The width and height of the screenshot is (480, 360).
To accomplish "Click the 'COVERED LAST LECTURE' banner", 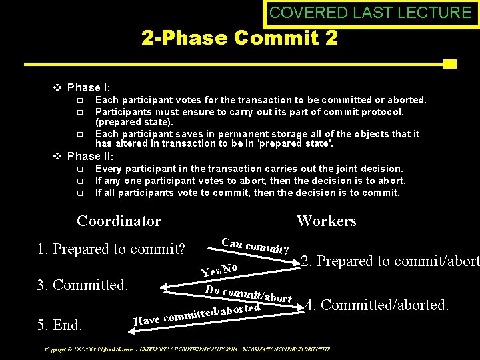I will [x=371, y=12].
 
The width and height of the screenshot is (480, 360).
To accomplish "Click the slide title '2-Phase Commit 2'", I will [x=239, y=37].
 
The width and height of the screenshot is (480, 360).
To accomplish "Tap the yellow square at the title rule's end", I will [x=450, y=64].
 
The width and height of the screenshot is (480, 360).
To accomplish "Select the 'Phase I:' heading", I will [x=89, y=87].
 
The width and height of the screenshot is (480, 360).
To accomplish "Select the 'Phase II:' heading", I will [x=91, y=156].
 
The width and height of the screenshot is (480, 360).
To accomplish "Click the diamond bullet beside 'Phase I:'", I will [x=57, y=87].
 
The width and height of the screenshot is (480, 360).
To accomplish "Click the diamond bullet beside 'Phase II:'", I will [x=57, y=156].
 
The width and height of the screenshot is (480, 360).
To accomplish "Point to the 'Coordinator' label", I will [x=119, y=221].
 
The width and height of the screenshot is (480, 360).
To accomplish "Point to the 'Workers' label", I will [x=326, y=221].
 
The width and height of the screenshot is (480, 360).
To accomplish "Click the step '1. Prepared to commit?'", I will [x=111, y=249].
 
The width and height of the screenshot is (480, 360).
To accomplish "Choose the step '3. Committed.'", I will [x=82, y=285].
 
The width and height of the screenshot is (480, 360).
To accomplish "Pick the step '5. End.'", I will [x=60, y=325].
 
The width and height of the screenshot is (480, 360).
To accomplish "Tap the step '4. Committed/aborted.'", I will [x=377, y=305].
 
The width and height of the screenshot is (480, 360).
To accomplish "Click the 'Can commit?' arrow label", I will [x=255, y=246].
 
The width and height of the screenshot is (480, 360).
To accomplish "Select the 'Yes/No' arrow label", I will [x=219, y=269].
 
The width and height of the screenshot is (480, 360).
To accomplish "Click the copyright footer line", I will [x=187, y=349].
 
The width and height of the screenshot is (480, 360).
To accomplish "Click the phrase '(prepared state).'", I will [x=134, y=123].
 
